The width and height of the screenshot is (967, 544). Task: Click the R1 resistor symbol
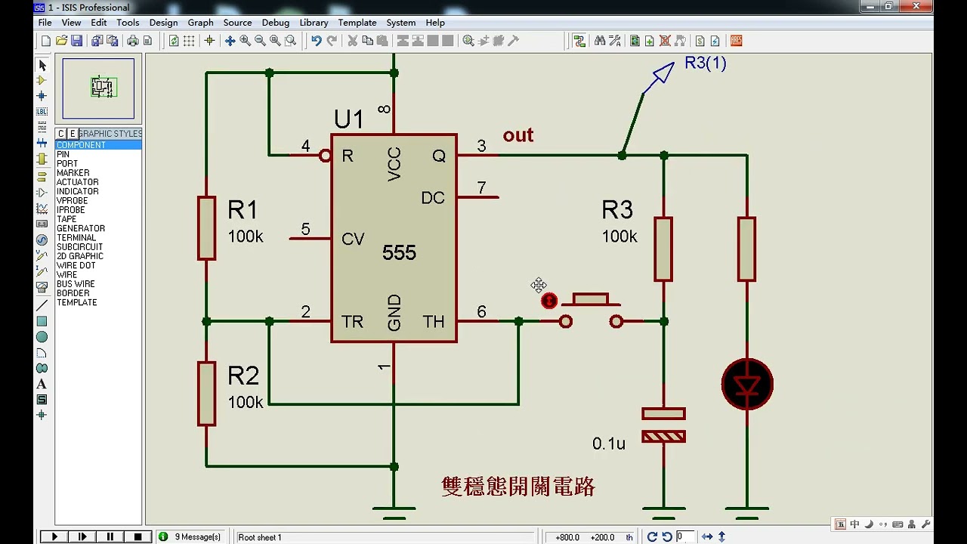(x=206, y=228)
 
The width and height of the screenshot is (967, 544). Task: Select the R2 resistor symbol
(x=206, y=393)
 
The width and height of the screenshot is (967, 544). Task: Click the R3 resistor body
(x=663, y=249)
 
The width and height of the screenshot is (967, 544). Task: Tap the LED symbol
(x=747, y=385)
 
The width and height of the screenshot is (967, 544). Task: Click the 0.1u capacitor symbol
(x=663, y=425)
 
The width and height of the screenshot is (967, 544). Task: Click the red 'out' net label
(x=518, y=135)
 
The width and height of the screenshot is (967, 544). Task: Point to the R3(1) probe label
(x=705, y=63)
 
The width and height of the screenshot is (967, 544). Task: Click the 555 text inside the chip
(x=399, y=253)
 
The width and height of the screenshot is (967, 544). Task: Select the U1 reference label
(x=348, y=119)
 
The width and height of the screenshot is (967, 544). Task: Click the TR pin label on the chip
(x=352, y=322)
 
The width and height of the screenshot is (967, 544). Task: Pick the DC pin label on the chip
(x=432, y=198)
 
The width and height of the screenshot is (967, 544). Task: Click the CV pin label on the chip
(x=353, y=240)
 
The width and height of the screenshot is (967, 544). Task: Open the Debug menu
(x=275, y=23)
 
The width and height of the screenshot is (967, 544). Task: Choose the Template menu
(x=357, y=23)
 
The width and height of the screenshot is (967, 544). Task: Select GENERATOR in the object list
(x=81, y=228)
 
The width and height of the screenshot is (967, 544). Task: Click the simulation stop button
(x=137, y=536)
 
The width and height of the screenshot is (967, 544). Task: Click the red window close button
(x=919, y=7)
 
